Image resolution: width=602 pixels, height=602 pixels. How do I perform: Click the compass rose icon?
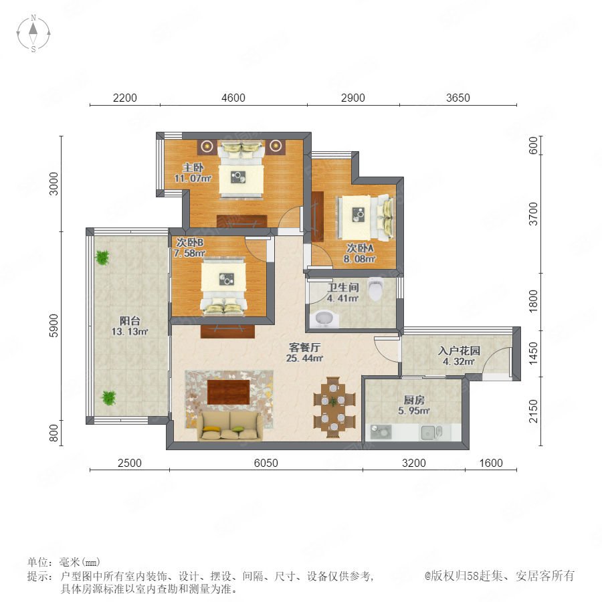(33, 33)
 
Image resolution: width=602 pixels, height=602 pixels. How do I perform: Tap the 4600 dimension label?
(233, 98)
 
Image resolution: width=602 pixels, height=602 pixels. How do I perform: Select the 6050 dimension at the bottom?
(266, 463)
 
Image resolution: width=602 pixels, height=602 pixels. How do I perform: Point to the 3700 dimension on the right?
(533, 214)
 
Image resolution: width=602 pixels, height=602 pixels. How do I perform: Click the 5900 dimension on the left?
(54, 326)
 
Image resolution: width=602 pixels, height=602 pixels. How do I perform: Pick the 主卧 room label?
(193, 167)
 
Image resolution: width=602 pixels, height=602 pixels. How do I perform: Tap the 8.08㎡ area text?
(359, 259)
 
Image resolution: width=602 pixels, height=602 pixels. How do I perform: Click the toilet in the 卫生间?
(375, 289)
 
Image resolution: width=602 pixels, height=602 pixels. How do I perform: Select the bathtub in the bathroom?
(324, 319)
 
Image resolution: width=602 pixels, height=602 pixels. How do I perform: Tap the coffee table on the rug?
(229, 392)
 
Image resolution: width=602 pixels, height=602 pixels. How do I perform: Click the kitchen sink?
(431, 432)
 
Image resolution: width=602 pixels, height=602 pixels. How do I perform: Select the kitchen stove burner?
(381, 432)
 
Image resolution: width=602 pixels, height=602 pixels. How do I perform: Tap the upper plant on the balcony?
(102, 257)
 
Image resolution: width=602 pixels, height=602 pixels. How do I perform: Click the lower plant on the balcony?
(108, 398)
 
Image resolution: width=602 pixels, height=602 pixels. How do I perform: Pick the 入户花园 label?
(459, 350)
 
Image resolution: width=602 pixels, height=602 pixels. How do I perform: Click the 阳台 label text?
(130, 320)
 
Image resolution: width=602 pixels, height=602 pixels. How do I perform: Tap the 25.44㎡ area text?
(304, 359)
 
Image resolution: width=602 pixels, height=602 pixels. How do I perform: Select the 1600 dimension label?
(491, 463)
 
